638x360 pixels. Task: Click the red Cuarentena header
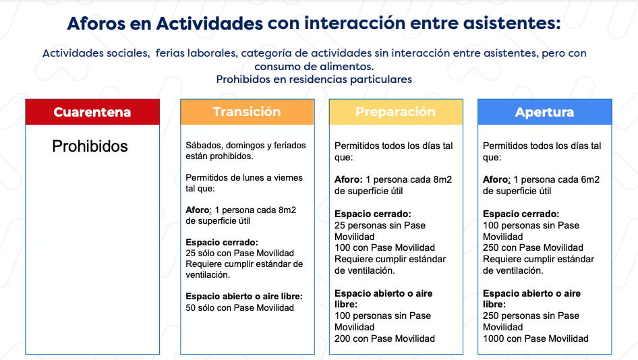coord(92,112)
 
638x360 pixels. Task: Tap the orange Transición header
coord(248,112)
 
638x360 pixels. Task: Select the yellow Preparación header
coord(396,112)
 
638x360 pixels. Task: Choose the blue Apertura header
coord(544,112)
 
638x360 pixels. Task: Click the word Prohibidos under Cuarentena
coord(90,146)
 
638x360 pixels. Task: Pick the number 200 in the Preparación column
coord(343,338)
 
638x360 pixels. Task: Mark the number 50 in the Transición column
coord(190,308)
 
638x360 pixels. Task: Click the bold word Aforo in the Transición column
coord(198,210)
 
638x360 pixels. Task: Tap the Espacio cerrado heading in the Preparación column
coord(373,214)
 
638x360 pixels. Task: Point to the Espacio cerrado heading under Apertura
coord(521,214)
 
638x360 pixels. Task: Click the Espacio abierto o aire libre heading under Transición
coord(244,297)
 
